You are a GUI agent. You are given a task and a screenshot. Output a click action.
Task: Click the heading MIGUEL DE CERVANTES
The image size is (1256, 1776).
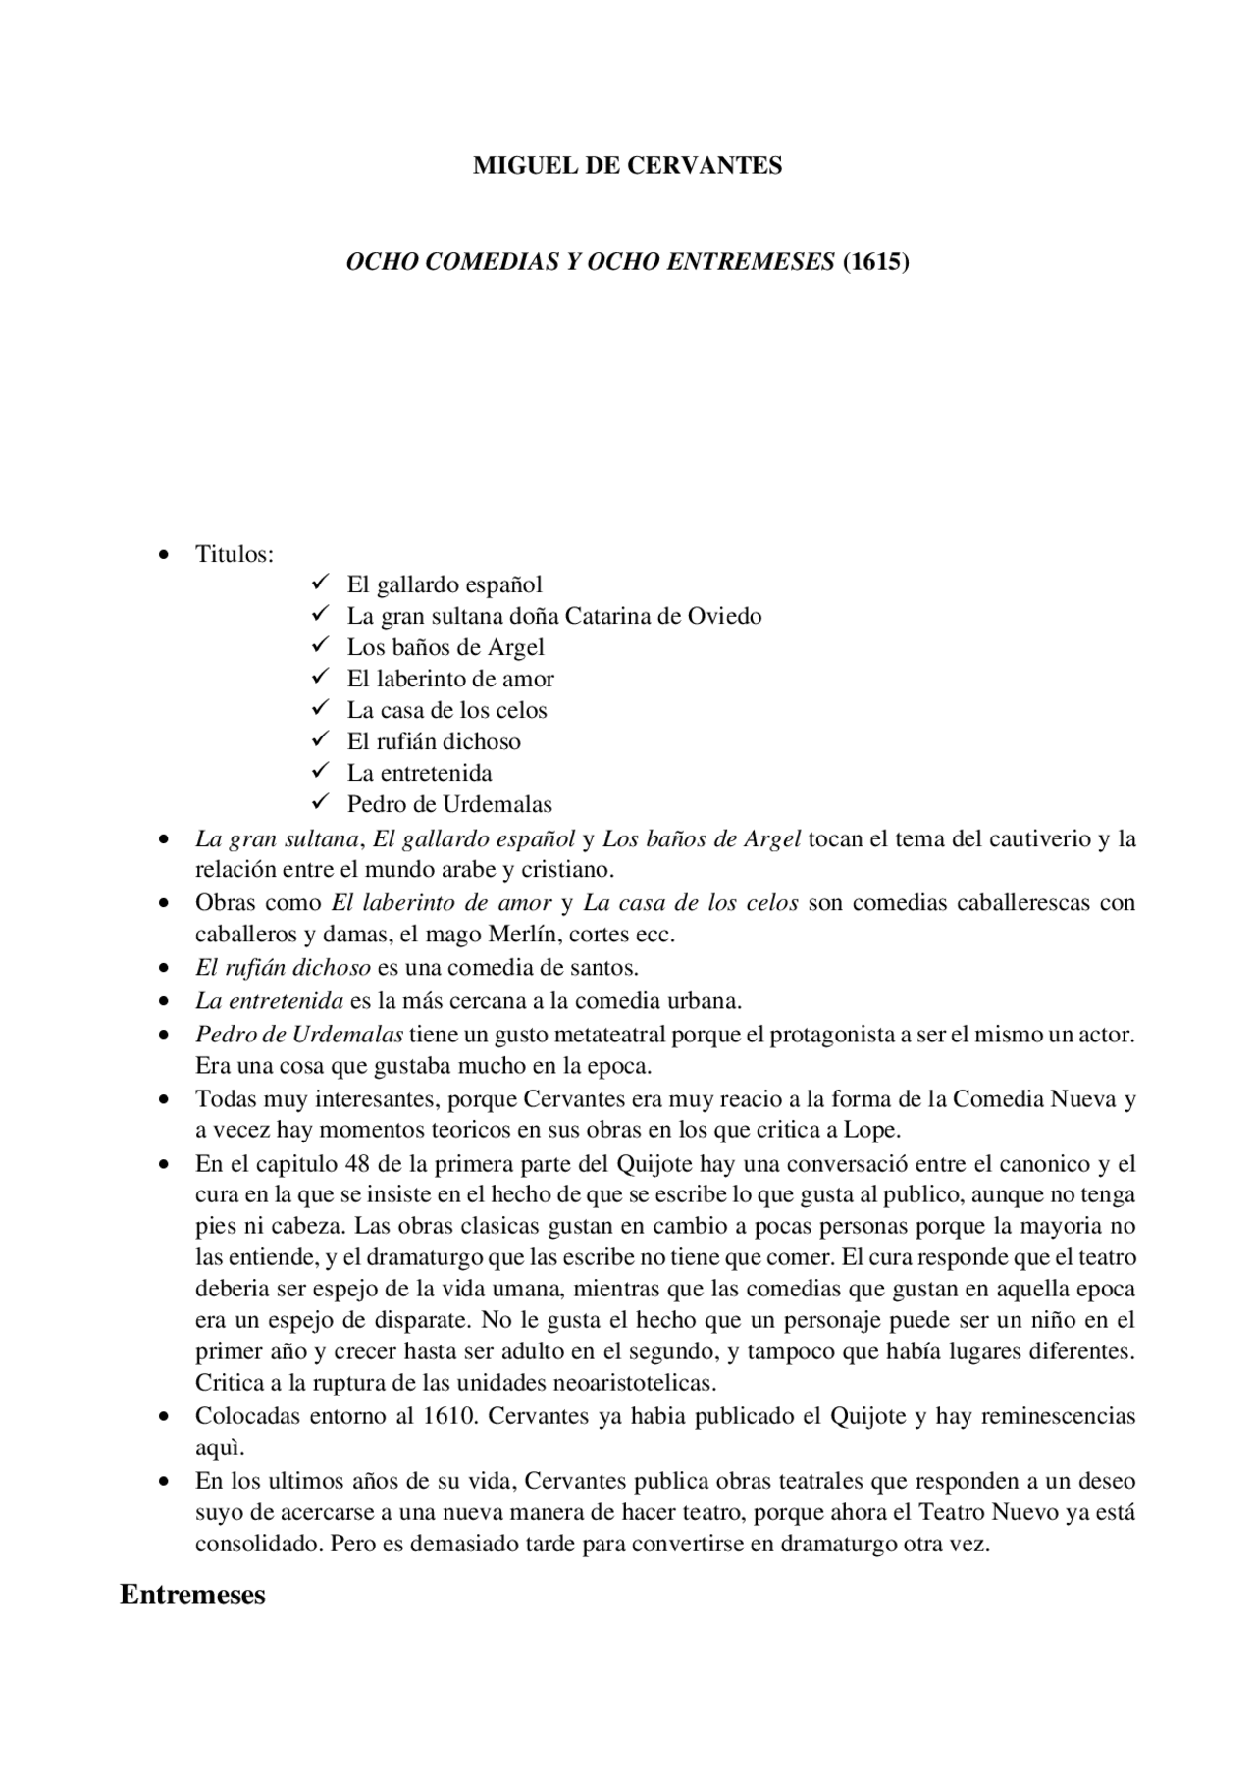point(627,166)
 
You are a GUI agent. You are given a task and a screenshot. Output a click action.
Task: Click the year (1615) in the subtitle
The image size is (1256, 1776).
point(876,262)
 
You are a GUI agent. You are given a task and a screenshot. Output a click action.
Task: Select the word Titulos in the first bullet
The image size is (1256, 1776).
point(232,554)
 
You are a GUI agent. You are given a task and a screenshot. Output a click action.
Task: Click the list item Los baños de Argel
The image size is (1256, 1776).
point(445,647)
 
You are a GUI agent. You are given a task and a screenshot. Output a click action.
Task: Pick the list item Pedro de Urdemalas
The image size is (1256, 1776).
point(449,804)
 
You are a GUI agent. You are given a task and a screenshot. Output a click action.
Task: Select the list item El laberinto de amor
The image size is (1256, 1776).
point(450,679)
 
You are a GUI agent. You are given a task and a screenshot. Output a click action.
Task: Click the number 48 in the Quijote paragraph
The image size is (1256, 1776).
point(356,1164)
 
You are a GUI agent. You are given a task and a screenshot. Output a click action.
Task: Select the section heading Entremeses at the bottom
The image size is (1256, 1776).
point(192,1595)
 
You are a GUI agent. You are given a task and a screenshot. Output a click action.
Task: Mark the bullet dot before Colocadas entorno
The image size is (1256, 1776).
point(164,1417)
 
